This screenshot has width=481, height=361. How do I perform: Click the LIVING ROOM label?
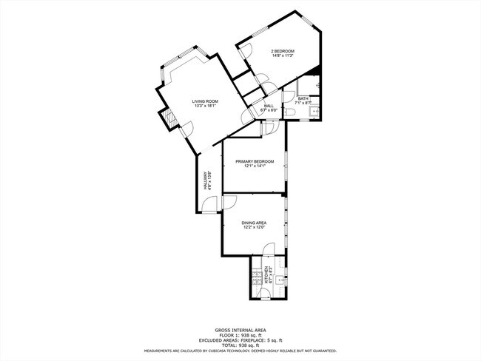point(205,101)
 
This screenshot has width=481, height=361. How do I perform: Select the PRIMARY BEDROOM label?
point(255,161)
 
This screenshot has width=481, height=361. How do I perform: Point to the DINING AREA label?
point(254,222)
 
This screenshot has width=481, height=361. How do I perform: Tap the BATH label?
point(303,98)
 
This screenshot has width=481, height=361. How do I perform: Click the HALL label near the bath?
point(269,106)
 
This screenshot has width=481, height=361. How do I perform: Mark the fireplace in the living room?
point(169,118)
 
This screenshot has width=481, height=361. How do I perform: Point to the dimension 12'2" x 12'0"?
point(254,227)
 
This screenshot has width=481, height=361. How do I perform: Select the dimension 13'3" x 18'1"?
point(205,107)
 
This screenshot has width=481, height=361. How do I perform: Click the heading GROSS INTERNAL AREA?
point(240,329)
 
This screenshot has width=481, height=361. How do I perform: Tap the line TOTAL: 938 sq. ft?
point(240,345)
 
